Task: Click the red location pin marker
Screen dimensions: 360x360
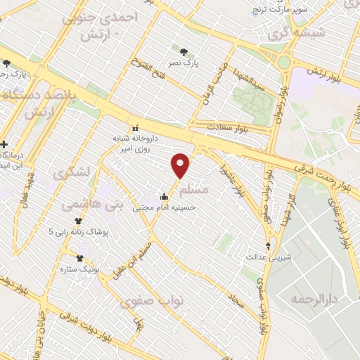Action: (x=181, y=165)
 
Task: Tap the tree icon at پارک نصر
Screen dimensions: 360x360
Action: (x=184, y=52)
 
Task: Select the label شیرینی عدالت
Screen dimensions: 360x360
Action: (x=268, y=257)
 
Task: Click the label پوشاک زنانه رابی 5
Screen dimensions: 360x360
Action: (x=79, y=231)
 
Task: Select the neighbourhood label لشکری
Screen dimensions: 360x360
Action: (x=72, y=172)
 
